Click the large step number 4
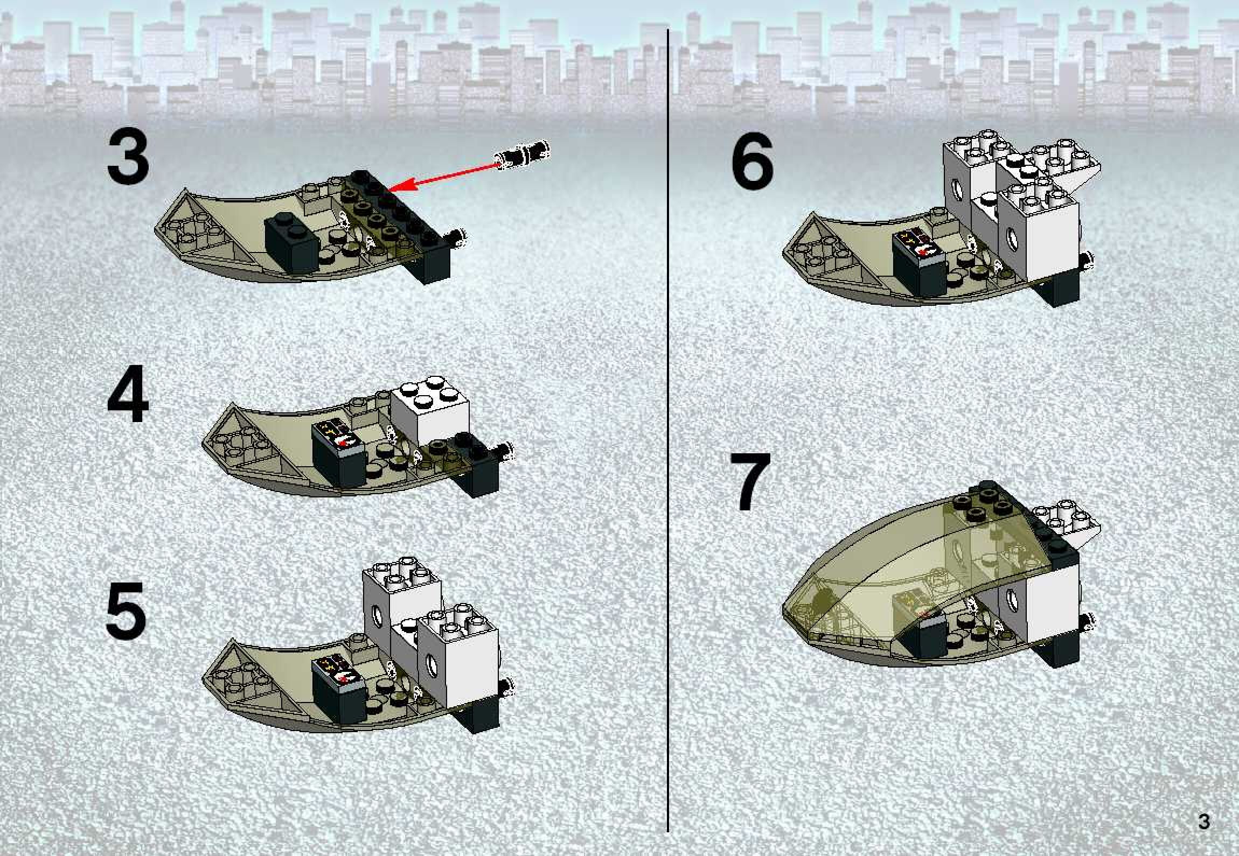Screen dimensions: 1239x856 point(128,394)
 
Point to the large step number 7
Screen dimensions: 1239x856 point(753,481)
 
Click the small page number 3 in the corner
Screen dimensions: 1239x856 point(1204,822)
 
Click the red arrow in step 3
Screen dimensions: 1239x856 point(443,173)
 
